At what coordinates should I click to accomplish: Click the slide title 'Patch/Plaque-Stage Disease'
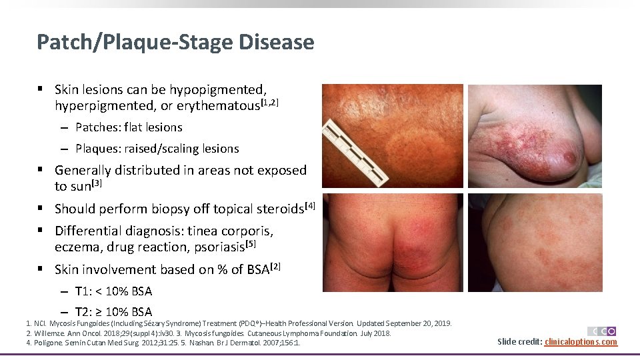(175, 43)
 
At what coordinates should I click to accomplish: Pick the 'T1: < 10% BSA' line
(113, 291)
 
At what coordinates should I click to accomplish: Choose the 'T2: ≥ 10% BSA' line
(113, 312)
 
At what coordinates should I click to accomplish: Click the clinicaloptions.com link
(581, 342)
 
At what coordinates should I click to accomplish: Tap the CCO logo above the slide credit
(601, 331)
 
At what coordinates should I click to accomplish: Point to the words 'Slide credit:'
(520, 342)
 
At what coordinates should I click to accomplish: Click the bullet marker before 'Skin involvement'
(41, 269)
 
